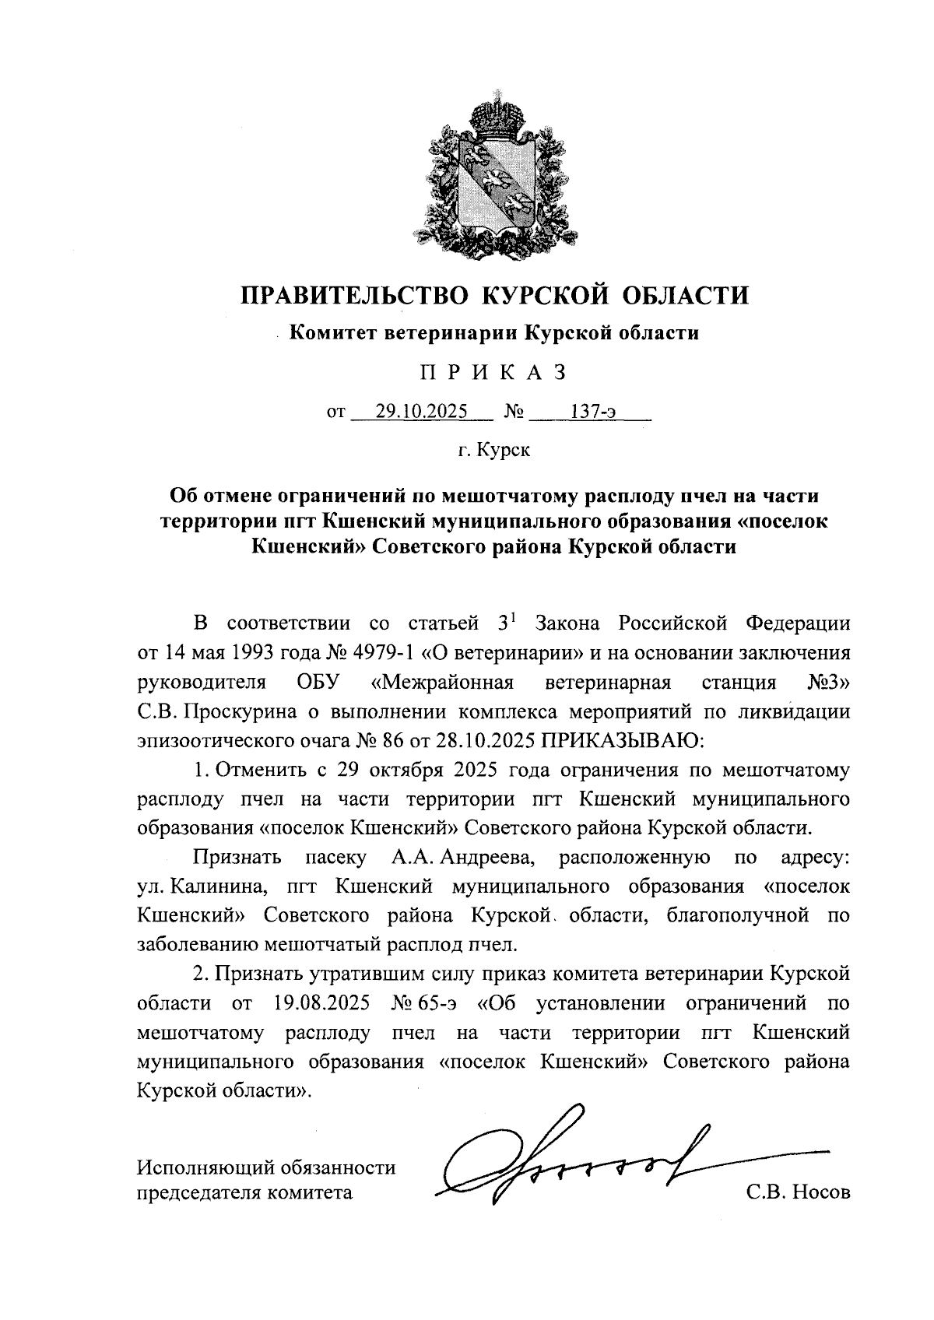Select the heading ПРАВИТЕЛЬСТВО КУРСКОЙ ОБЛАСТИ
click(494, 295)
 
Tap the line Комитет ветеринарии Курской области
click(494, 334)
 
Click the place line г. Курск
click(493, 450)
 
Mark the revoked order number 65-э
click(435, 1003)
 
